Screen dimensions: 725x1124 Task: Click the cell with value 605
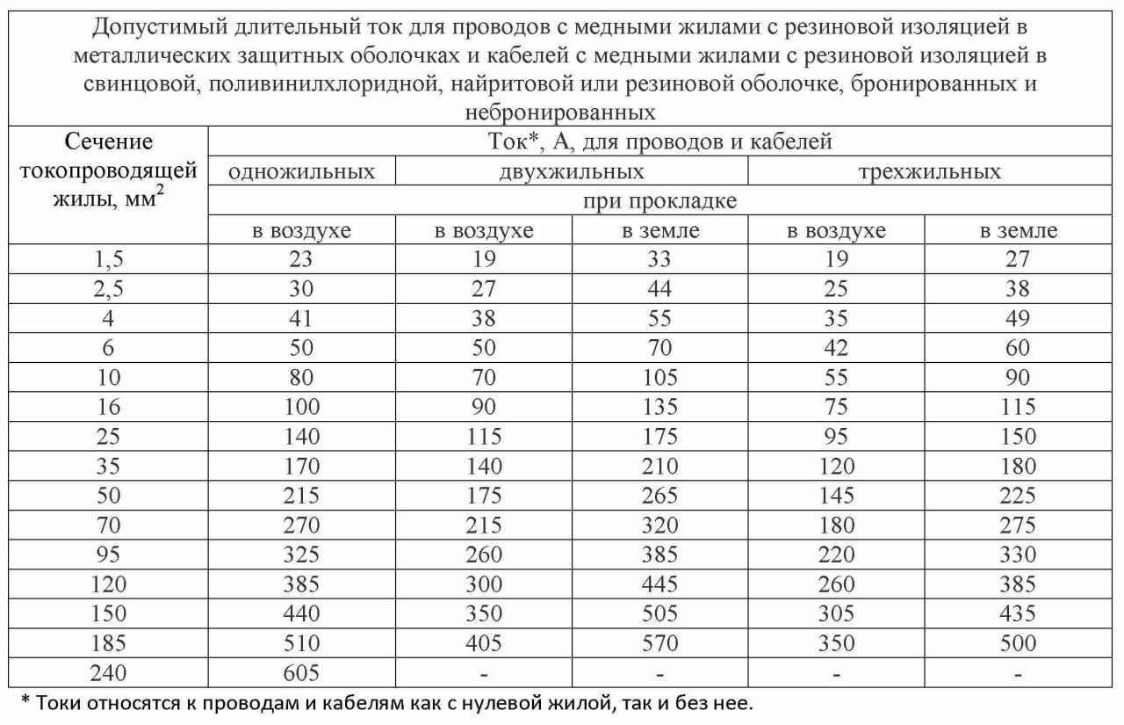pos(301,673)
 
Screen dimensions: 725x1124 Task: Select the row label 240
pos(108,673)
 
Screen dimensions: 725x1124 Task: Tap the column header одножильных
pos(301,171)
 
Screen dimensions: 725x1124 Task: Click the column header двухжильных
pos(572,171)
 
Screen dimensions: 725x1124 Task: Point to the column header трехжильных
pos(930,171)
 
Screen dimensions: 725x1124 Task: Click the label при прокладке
pos(659,201)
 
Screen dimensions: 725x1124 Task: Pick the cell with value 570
pos(659,643)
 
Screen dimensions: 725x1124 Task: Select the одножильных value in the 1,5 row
pos(301,260)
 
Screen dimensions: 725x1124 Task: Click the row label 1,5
pos(108,260)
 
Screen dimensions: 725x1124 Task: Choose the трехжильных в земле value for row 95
pos(1018,555)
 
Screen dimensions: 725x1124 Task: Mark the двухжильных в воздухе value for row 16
pos(484,407)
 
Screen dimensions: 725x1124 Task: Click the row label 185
pos(108,643)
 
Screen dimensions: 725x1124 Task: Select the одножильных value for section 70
pos(301,526)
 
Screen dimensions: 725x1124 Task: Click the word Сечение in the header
pos(108,141)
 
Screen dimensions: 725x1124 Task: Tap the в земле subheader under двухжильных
pos(659,231)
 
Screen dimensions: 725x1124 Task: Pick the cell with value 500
pos(1018,643)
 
